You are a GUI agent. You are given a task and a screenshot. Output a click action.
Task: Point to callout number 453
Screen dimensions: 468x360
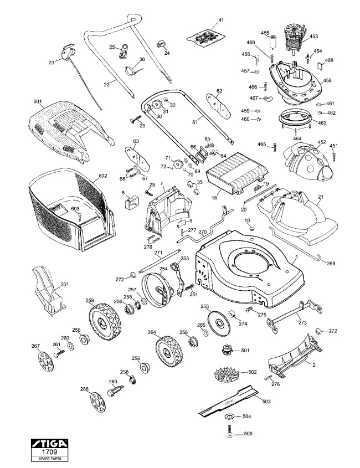coord(315,37)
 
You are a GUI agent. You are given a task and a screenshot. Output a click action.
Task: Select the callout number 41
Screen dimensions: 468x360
coord(221,20)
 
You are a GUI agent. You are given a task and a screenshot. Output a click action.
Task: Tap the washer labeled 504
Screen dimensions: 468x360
coord(228,416)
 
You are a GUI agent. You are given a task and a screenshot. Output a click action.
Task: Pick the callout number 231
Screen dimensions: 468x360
coord(64,284)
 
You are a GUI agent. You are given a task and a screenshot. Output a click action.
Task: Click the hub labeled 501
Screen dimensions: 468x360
coord(228,351)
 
